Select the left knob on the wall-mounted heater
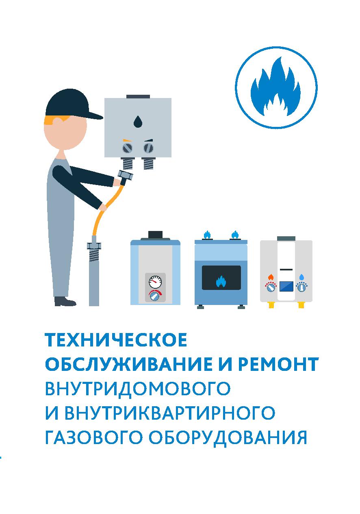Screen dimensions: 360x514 (127, 148)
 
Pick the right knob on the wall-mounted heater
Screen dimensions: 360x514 (148, 148)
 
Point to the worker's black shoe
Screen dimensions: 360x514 (65, 301)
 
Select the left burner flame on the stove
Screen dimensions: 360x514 (207, 235)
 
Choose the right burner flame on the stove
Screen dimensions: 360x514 (235, 235)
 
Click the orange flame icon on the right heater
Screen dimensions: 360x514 (271, 277)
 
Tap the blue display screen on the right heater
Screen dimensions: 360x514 (286, 286)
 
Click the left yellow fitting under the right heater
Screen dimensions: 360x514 (271, 305)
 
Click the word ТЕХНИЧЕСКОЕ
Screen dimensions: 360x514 (116, 340)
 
